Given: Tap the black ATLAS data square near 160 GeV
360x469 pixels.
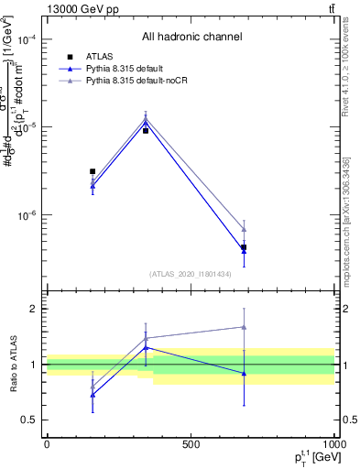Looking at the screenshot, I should (93, 171).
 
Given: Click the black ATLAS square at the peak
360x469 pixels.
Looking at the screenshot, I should (146, 131).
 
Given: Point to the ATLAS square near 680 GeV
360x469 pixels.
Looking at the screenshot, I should (244, 248).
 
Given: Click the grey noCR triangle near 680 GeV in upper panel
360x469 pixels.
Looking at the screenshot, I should (244, 229).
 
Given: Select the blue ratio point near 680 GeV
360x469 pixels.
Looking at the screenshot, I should (244, 373).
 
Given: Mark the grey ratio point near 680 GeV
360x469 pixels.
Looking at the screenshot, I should (244, 326).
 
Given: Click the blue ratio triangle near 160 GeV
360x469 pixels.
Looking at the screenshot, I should (93, 395).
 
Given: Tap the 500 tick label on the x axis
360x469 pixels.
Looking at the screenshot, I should (191, 444).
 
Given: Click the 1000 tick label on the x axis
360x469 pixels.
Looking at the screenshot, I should (333, 444).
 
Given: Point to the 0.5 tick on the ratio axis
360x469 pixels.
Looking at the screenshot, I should (32, 420).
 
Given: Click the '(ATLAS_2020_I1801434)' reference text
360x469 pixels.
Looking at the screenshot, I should (190, 274).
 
